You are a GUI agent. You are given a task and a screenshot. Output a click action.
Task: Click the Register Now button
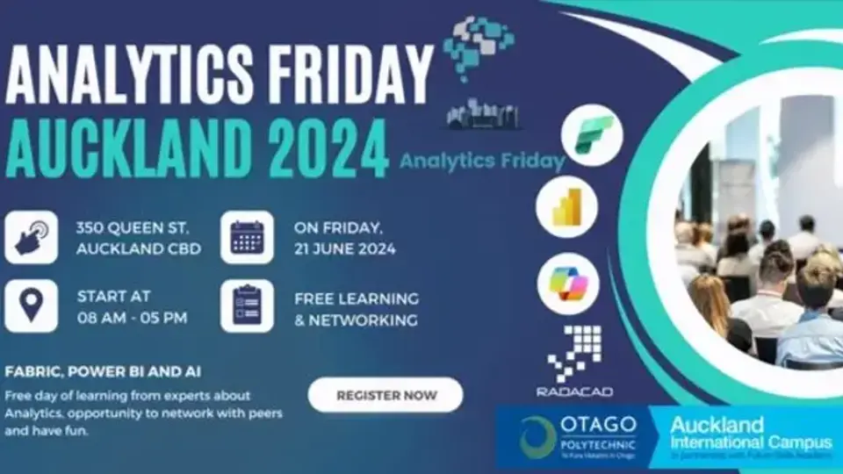coord(385,395)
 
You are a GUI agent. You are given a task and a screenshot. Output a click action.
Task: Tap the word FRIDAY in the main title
coord(345,75)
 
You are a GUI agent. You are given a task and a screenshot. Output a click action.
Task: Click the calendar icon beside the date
coord(247,237)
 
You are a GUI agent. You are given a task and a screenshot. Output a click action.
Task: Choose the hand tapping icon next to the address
coord(31,237)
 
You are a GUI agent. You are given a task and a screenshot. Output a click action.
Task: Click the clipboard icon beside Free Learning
coord(247,306)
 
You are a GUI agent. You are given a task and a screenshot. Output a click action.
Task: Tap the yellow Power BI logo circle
coord(566,207)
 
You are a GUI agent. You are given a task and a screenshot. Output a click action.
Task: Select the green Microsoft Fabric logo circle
coord(592,134)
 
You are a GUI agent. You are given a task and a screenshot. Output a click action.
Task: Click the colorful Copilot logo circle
coord(568,284)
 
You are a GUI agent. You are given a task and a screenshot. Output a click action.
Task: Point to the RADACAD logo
coord(574,361)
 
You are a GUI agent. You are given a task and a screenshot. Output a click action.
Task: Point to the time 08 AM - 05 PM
coord(132,318)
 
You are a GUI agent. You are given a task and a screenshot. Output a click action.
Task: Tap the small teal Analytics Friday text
coord(482,161)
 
